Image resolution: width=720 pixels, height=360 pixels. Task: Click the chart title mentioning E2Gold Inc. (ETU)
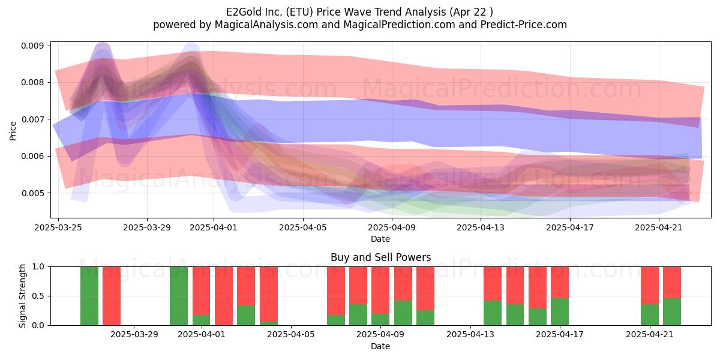coord(359,12)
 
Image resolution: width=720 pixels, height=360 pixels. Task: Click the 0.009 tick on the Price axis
coord(32,46)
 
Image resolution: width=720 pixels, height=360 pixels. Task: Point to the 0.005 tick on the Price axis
coord(32,193)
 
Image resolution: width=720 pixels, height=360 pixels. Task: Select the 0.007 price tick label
coord(32,119)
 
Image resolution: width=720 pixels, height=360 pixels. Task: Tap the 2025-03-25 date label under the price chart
coord(58,227)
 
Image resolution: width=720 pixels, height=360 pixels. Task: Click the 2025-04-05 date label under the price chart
coord(303,227)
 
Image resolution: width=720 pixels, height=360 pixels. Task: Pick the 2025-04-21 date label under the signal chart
coord(650,334)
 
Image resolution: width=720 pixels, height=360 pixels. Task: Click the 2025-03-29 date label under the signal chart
coord(134,334)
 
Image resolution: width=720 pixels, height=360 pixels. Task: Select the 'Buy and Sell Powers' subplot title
coord(380,257)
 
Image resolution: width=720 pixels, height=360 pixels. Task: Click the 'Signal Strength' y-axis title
coord(22,296)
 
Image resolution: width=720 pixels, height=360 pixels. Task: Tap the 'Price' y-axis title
coord(13,131)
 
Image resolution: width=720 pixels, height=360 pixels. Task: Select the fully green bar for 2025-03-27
coord(89,296)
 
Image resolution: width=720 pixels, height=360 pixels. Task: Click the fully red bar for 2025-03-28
coord(112,296)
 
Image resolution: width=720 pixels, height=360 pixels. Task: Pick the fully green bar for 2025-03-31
coord(179,296)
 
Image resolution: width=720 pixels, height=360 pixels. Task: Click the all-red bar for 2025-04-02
coord(224,296)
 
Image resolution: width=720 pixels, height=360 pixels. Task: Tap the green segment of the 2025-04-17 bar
coord(560,312)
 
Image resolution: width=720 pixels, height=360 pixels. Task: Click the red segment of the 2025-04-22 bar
coord(672,283)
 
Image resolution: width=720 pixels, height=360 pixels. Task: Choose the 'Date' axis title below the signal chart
coord(380,347)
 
